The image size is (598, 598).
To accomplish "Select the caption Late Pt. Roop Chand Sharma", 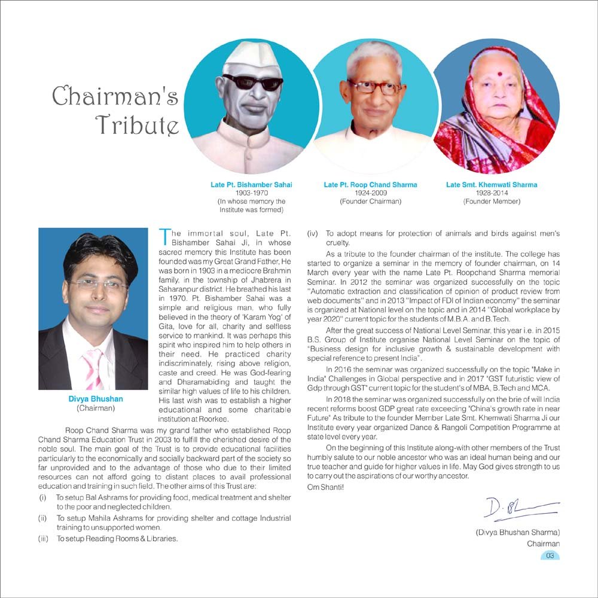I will click(x=370, y=185).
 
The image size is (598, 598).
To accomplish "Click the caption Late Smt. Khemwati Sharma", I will click(x=492, y=185).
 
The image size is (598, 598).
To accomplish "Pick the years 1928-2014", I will click(x=492, y=193).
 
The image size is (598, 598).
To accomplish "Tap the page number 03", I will click(x=550, y=556).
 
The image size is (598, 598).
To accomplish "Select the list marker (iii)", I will click(x=44, y=539).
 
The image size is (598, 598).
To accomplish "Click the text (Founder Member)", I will click(x=492, y=202).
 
